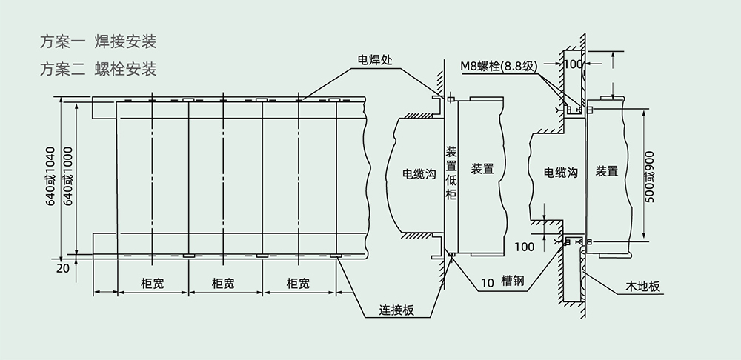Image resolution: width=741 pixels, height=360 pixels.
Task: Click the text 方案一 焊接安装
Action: [x=98, y=41]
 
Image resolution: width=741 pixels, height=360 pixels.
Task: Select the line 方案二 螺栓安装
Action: [x=98, y=69]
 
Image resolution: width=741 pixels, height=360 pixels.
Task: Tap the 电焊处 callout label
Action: [x=375, y=60]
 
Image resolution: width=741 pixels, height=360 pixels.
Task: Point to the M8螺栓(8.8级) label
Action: [x=499, y=66]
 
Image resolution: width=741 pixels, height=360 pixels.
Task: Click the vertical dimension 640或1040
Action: [x=50, y=176]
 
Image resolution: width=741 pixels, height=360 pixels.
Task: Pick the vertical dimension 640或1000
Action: [x=68, y=176]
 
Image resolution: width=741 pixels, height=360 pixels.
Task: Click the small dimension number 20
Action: [x=63, y=268]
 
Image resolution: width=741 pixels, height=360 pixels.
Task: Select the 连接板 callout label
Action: [x=397, y=310]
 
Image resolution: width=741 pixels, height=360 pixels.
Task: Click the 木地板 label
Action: [x=642, y=287]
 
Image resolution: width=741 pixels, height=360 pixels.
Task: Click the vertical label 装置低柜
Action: [x=452, y=173]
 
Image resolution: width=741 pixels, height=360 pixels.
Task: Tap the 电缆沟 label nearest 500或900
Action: [x=560, y=172]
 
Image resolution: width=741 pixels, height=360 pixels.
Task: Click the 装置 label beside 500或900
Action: [x=607, y=171]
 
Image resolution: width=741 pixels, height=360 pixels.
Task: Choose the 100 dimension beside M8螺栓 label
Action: [x=574, y=64]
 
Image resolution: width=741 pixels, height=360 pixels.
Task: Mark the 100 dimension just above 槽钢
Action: [x=525, y=247]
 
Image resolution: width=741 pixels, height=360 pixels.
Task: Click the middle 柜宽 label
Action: [x=223, y=284]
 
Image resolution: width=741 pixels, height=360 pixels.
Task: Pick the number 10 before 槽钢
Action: [x=488, y=282]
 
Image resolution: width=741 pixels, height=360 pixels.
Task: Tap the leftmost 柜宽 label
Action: [x=152, y=284]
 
